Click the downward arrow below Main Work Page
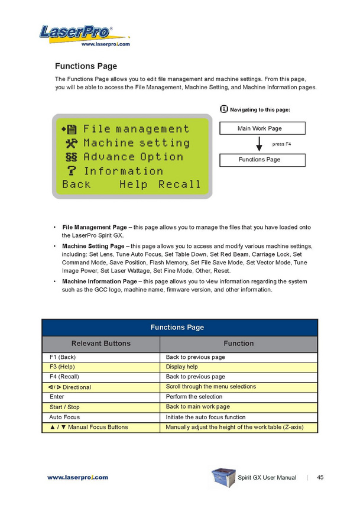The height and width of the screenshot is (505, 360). (259, 144)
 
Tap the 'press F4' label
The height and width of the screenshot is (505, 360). (281, 144)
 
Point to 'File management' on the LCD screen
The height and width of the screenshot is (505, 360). (136, 128)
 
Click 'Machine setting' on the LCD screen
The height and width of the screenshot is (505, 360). (136, 143)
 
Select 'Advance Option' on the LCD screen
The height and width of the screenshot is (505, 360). (133, 157)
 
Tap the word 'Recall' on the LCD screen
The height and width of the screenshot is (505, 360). (179, 184)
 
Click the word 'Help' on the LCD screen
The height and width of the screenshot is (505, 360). (133, 184)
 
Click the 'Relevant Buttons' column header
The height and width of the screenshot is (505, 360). (101, 343)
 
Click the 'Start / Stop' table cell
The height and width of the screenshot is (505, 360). (65, 407)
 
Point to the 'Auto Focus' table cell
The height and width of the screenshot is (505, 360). (64, 417)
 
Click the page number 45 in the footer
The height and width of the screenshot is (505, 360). (320, 477)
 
